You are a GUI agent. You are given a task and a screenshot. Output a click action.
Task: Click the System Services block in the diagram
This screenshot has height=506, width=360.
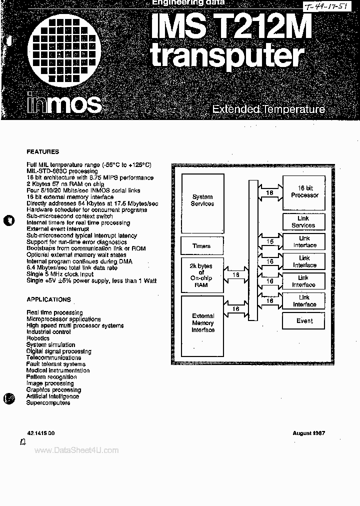pyautogui.click(x=202, y=200)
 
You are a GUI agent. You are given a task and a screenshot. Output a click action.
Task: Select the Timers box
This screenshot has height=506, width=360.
pyautogui.click(x=201, y=246)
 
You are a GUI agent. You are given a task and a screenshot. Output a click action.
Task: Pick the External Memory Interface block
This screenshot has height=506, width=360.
pyautogui.click(x=203, y=323)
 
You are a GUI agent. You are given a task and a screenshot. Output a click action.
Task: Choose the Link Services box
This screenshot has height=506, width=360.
pyautogui.click(x=303, y=221)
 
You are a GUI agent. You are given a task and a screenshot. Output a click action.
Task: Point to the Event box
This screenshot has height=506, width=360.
pyautogui.click(x=304, y=321)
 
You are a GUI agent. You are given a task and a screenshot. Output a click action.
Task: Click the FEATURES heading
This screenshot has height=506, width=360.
pyautogui.click(x=42, y=151)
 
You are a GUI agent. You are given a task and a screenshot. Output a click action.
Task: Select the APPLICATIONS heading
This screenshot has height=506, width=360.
pyautogui.click(x=48, y=299)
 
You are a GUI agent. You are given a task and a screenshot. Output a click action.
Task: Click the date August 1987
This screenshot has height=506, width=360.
pyautogui.click(x=308, y=433)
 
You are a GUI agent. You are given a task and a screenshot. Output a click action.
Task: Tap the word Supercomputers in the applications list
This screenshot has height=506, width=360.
pyautogui.click(x=48, y=402)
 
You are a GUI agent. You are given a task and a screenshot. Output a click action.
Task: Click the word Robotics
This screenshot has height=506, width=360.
pyautogui.click(x=38, y=338)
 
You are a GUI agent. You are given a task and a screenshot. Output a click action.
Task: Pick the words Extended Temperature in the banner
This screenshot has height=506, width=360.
pyautogui.click(x=268, y=109)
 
